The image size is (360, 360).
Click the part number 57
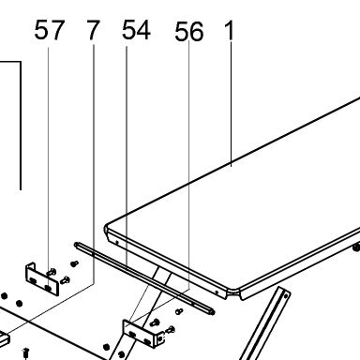click(x=50, y=30)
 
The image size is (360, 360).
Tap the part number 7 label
click(x=93, y=30)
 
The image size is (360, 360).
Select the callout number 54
click(x=136, y=30)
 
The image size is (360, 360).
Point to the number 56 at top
click(x=189, y=32)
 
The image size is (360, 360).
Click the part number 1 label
click(x=230, y=31)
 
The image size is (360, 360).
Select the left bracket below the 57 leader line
click(x=42, y=279)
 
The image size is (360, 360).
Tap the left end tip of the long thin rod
click(x=76, y=244)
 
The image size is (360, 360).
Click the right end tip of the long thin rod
click(x=213, y=312)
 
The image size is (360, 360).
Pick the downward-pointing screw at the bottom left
click(x=26, y=353)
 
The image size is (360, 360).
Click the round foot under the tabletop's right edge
click(x=356, y=247)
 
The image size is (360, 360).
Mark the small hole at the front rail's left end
click(x=117, y=242)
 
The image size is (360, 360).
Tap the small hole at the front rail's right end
click(x=217, y=292)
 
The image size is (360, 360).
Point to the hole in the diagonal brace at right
click(x=285, y=296)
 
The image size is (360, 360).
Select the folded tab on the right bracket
click(x=159, y=338)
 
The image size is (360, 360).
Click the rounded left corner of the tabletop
click(x=106, y=229)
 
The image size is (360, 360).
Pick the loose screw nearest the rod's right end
click(x=179, y=311)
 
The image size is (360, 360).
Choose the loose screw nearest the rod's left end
click(x=74, y=264)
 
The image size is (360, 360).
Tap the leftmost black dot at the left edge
click(x=4, y=296)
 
